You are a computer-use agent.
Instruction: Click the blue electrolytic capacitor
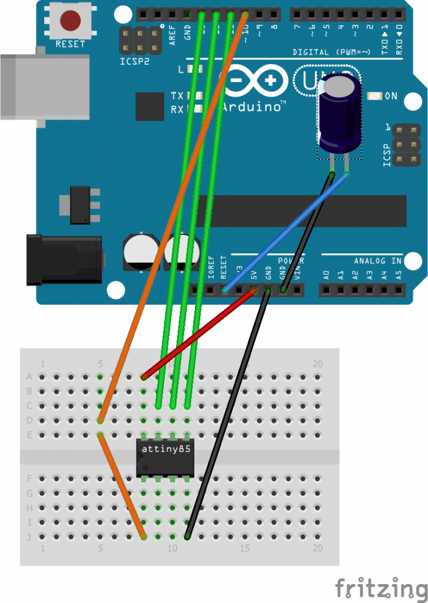point(340,118)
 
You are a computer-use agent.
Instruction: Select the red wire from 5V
point(200,333)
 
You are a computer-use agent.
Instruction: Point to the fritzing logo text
point(380,588)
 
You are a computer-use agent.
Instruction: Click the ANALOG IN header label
point(377,261)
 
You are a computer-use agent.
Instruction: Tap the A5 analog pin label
point(398,274)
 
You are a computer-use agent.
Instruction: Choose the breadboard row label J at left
point(29,536)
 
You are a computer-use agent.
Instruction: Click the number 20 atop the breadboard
point(317,364)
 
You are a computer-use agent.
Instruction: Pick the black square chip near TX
point(150,107)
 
